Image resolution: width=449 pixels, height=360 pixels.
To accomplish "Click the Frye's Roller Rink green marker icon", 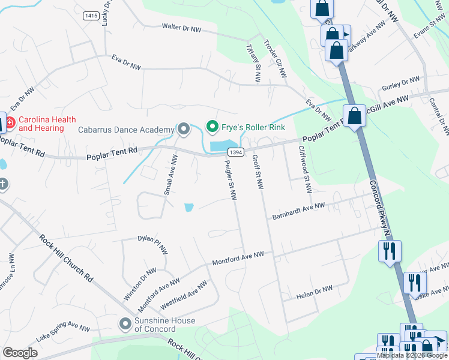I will [x=211, y=127].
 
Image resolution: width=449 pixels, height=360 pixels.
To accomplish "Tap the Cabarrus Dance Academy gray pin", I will [x=183, y=129].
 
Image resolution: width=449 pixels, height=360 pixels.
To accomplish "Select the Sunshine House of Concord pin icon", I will [x=125, y=325].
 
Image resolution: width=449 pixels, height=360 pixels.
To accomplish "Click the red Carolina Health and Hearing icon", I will [x=11, y=124].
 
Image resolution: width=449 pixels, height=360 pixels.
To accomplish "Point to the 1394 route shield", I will [x=236, y=153].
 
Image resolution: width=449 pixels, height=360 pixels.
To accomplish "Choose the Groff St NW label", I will [x=258, y=172].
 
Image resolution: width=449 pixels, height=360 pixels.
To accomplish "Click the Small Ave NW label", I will [x=170, y=175].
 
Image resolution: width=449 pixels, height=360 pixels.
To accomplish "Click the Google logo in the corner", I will [x=20, y=353].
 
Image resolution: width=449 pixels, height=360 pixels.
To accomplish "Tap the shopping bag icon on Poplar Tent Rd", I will [x=355, y=116].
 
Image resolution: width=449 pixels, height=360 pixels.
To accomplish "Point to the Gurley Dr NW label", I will [x=402, y=82].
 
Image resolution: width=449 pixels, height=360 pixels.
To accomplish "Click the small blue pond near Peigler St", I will [x=189, y=208].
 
